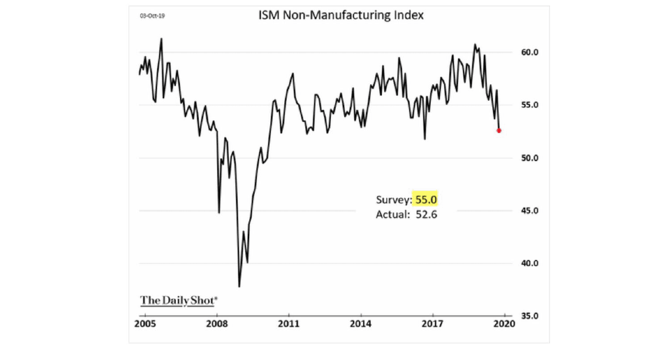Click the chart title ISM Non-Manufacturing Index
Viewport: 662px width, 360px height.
pyautogui.click(x=341, y=15)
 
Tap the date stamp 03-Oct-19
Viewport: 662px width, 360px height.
pyautogui.click(x=153, y=16)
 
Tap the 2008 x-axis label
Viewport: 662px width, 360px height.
pyautogui.click(x=217, y=324)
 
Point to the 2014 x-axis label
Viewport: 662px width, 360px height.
pyautogui.click(x=361, y=324)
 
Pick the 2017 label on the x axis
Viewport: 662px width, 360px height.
pyautogui.click(x=433, y=324)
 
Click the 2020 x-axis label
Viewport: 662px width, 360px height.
pyautogui.click(x=505, y=324)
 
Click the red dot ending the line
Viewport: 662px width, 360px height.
pyautogui.click(x=499, y=131)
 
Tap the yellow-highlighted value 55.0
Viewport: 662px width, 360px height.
pyautogui.click(x=426, y=199)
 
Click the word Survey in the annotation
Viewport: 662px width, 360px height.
pyautogui.click(x=393, y=199)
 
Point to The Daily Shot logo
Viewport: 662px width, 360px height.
pyautogui.click(x=179, y=300)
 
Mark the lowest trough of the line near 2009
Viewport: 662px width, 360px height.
pyautogui.click(x=239, y=286)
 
